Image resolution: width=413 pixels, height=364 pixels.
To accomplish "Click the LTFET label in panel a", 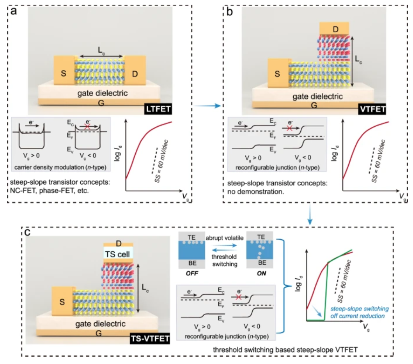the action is (158, 109).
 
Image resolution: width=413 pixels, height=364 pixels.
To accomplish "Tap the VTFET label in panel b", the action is (372, 109).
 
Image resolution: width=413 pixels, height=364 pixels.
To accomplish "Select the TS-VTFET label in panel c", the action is (150, 338).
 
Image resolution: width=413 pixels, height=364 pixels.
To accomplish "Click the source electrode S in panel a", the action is (64, 70).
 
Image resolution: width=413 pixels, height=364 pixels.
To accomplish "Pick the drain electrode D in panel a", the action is (135, 70).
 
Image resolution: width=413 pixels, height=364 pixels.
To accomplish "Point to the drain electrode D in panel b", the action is (335, 28).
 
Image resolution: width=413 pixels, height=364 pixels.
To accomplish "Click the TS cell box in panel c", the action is (118, 254).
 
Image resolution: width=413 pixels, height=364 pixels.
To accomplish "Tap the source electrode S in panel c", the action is (62, 301).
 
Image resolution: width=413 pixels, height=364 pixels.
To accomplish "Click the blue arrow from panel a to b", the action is (207, 106).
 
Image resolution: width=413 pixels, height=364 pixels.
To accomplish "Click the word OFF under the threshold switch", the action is (192, 274).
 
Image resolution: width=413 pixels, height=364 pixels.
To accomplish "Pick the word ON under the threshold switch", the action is (261, 274).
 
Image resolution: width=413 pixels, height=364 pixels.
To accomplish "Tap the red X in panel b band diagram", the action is (289, 128).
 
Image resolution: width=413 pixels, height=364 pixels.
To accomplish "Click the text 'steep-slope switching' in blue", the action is (360, 309).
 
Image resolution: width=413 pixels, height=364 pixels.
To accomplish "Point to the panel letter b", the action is (229, 12).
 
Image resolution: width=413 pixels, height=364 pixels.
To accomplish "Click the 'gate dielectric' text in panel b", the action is (318, 96).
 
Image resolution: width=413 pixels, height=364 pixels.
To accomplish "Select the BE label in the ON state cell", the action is (262, 263).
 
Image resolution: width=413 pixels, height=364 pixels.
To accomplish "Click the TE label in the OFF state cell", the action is (191, 237).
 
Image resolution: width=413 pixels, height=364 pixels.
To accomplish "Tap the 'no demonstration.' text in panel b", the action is (255, 192).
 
